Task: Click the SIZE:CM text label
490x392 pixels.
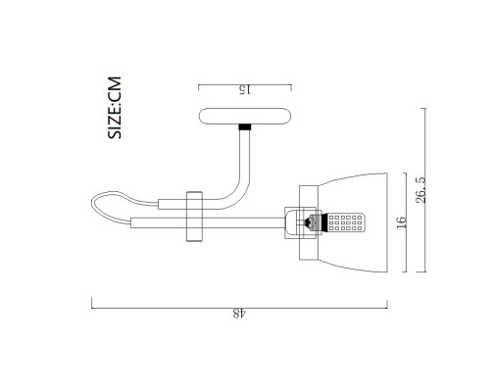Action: [115, 108]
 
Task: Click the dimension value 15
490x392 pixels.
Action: [245, 90]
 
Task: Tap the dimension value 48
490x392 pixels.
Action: [239, 314]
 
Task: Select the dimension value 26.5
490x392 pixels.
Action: [421, 190]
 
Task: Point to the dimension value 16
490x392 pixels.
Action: [402, 222]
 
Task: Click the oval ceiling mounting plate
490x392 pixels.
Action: [245, 117]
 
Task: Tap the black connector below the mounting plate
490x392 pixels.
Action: [245, 127]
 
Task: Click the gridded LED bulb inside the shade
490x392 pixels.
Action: [346, 222]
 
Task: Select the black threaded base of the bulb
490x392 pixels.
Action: [324, 222]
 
